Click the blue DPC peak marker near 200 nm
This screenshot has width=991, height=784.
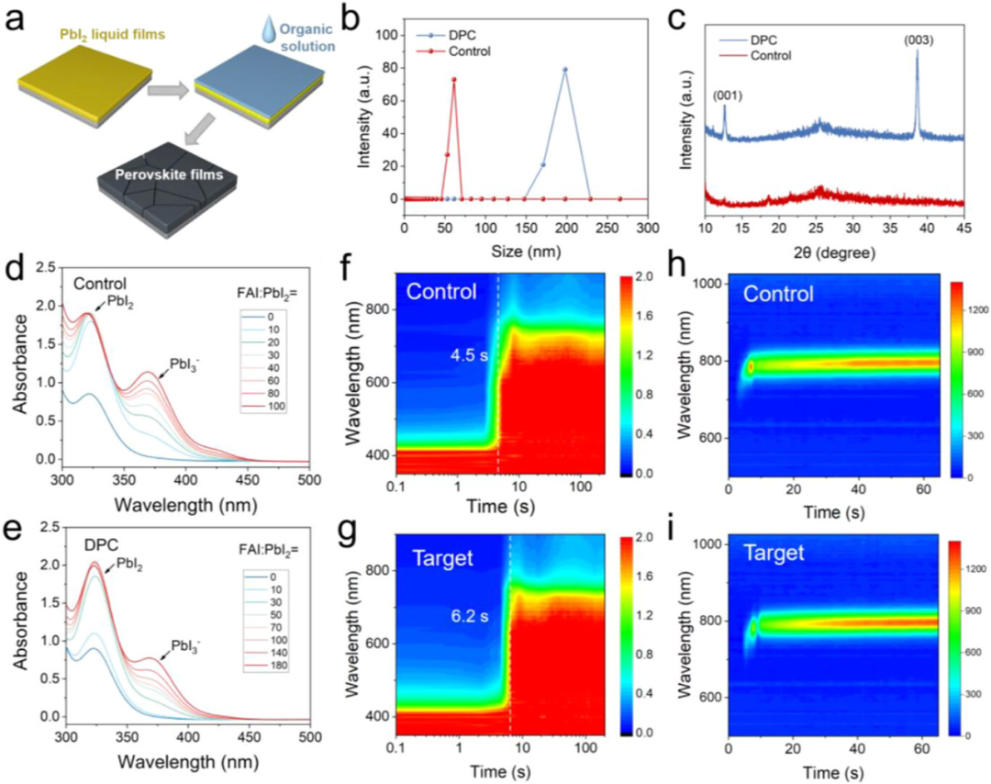[x=565, y=70]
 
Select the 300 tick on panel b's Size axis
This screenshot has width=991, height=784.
[x=647, y=226]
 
